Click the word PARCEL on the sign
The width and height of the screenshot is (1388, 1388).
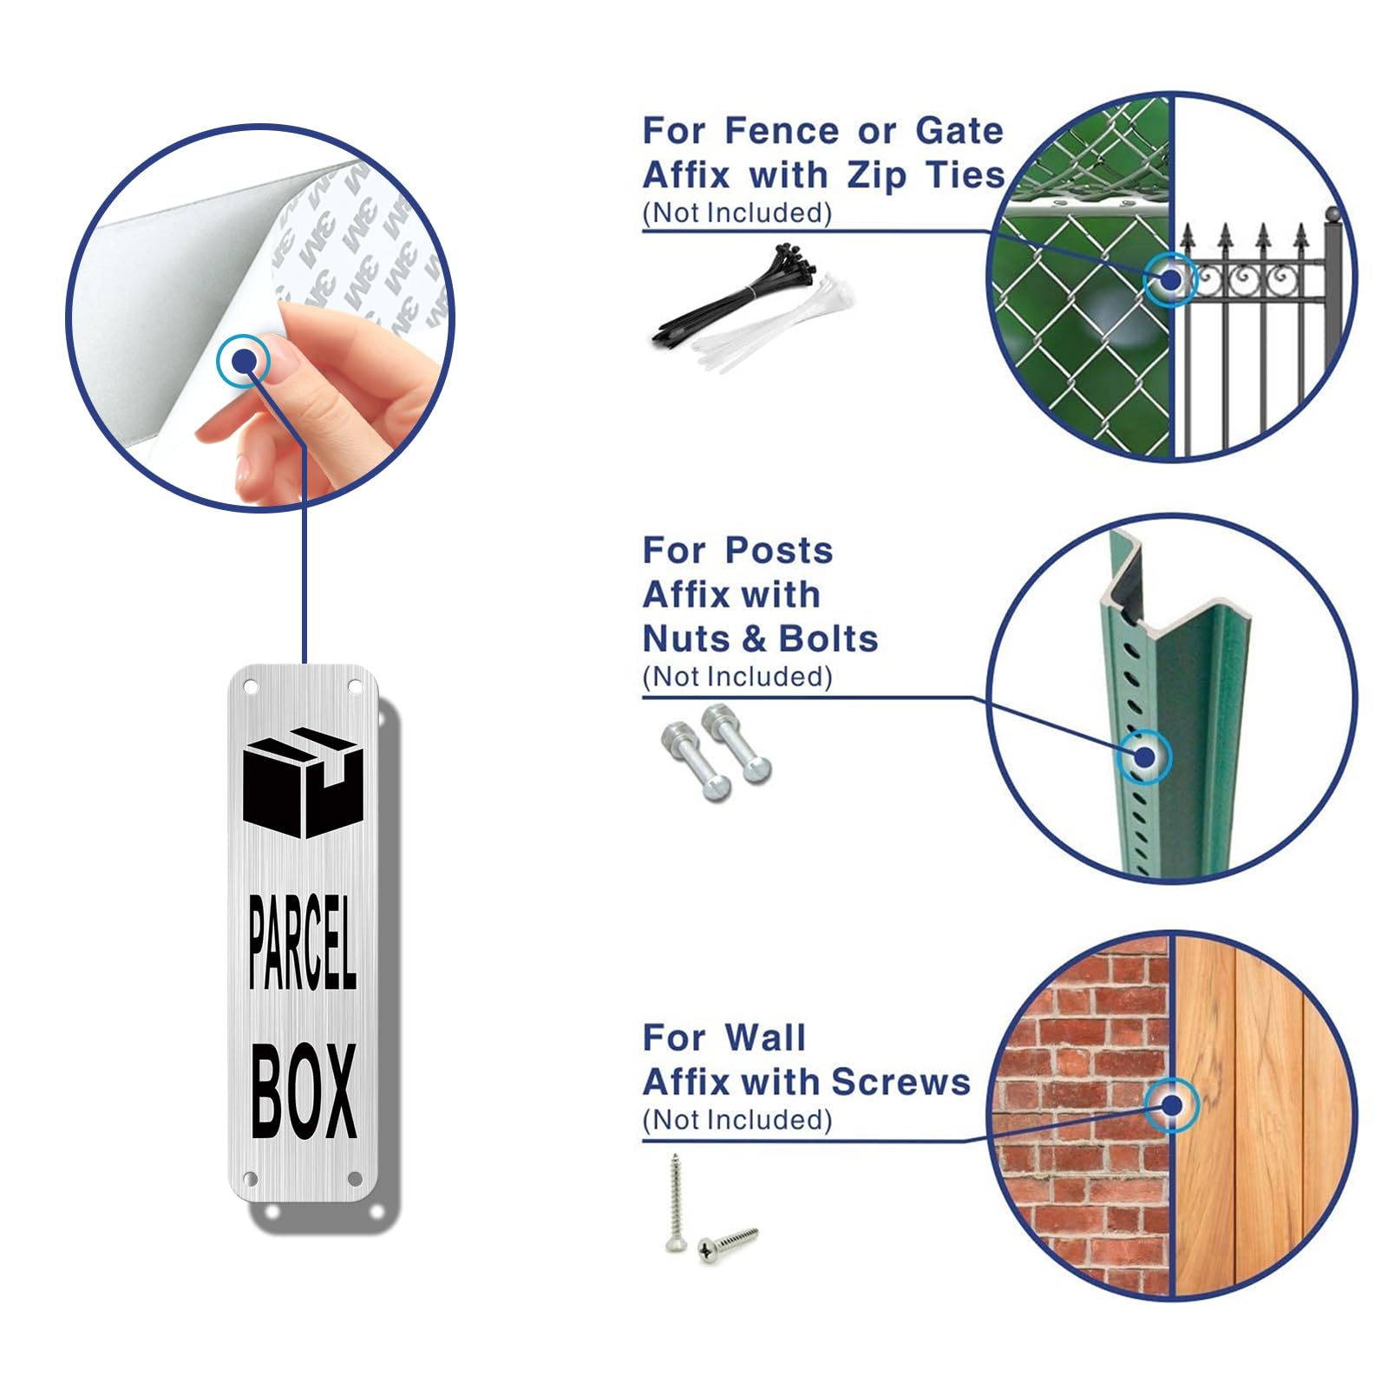302,942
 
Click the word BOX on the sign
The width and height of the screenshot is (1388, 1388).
304,1090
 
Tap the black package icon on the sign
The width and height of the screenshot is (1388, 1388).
303,782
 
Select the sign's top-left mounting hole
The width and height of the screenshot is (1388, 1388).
252,687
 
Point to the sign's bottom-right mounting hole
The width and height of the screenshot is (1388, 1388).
354,1178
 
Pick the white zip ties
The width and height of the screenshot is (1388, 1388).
772,325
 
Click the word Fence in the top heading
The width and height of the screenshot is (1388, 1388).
782,131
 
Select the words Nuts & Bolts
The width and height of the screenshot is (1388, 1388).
761,638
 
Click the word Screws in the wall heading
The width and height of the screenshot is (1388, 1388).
900,1082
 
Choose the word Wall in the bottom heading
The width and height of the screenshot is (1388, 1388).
765,1038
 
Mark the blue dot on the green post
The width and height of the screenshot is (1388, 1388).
1145,756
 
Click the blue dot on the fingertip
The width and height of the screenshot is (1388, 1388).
245,360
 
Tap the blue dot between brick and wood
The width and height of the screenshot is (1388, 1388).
1171,1105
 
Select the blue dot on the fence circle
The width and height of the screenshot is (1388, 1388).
1170,279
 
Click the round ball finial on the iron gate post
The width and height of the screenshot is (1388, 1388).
1333,213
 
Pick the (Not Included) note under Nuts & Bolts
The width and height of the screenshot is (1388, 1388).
737,677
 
